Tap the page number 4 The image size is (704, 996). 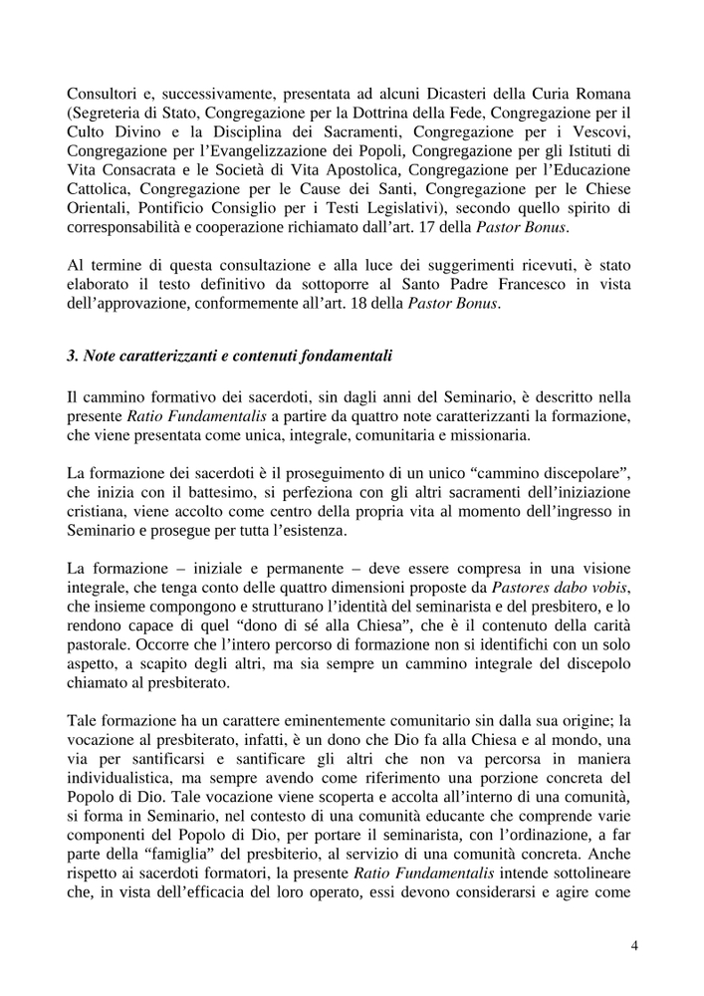pos(634,946)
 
